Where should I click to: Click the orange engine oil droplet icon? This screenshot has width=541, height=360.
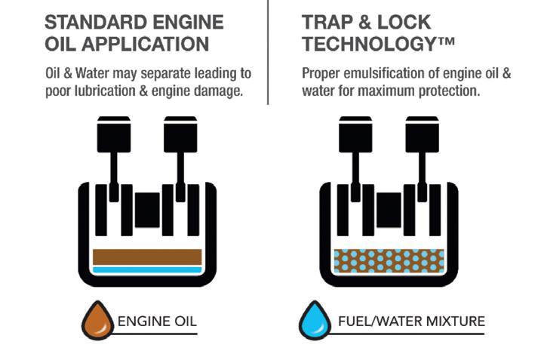(97, 321)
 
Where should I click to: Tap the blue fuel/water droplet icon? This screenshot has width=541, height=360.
(315, 321)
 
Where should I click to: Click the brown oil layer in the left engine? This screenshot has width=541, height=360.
(147, 257)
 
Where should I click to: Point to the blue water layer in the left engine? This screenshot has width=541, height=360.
(147, 270)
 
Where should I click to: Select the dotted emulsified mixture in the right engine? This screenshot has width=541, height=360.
(389, 260)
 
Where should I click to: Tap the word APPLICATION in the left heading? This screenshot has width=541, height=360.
(146, 45)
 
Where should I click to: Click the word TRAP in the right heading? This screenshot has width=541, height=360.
(327, 23)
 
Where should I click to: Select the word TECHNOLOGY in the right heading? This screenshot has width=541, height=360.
(368, 45)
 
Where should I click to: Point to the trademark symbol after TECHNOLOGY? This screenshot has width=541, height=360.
(445, 42)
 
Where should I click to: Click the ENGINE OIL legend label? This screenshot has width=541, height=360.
(157, 322)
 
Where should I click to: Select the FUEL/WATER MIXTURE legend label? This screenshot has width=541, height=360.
(411, 322)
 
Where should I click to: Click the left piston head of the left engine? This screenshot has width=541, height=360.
(114, 134)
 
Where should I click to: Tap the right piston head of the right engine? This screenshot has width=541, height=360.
(423, 134)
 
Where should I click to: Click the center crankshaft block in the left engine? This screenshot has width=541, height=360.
(147, 211)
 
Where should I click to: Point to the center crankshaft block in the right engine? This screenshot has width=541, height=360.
(389, 211)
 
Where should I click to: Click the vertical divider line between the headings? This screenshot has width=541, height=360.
(268, 52)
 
